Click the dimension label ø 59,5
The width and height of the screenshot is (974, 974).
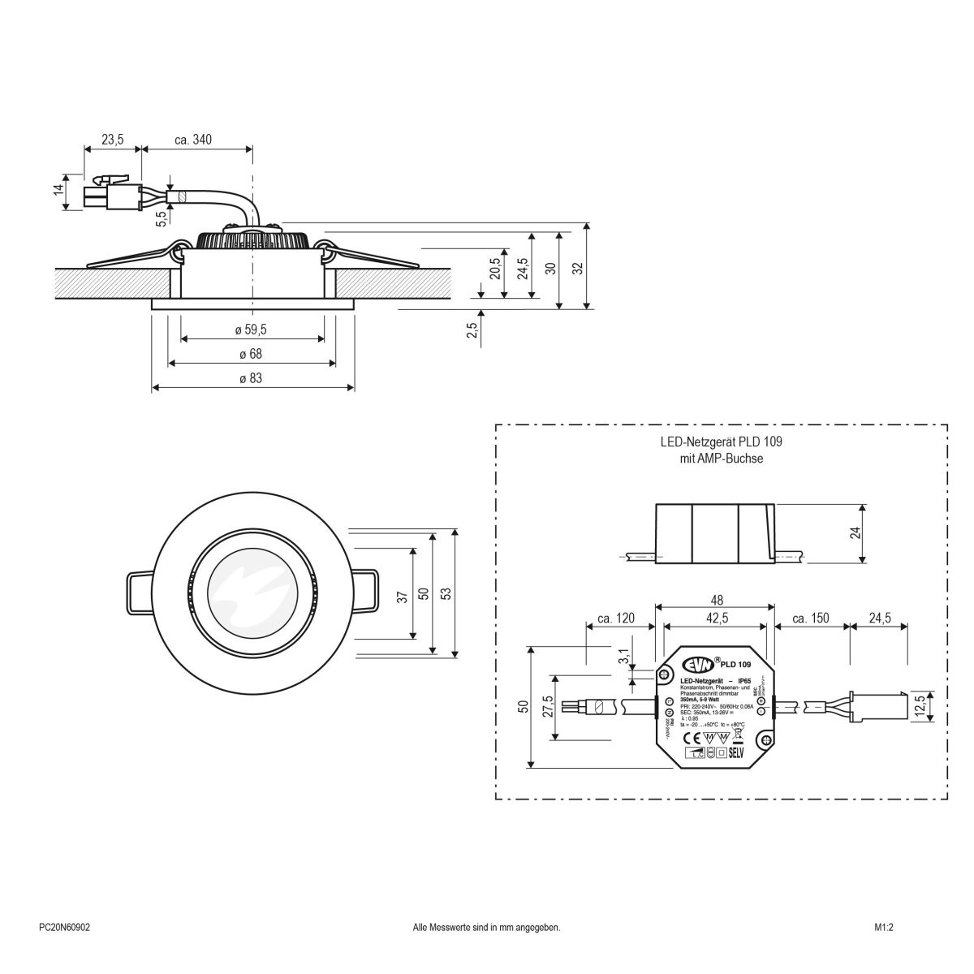coord(251,330)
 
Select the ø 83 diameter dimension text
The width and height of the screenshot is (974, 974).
coord(251,378)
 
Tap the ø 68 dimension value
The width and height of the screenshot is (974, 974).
coord(251,354)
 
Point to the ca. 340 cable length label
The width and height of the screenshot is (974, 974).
coord(193,140)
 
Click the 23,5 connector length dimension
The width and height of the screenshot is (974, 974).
coord(112,140)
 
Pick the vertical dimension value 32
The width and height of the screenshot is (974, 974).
coord(577,268)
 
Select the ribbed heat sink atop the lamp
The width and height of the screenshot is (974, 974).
coord(253,239)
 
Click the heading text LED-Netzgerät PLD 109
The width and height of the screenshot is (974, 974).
coord(720,442)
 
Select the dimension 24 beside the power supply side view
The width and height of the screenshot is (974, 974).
coord(855,532)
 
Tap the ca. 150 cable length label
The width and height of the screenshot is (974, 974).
coord(808,618)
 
